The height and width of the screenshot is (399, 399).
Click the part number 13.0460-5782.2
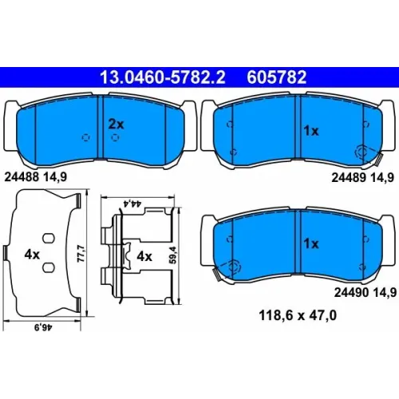coord(163,77)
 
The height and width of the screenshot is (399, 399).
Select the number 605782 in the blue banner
coord(277,77)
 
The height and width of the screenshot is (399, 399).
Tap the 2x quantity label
coord(117,124)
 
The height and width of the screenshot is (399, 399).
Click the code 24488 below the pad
coord(22,176)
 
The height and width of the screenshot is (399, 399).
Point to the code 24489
coord(349,177)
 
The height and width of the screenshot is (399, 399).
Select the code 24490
coord(351,292)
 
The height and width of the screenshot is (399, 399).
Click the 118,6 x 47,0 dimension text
coord(298,315)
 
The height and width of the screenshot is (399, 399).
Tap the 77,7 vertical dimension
coord(81,254)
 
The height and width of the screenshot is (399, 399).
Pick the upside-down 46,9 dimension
coord(43,327)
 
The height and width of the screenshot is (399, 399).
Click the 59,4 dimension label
coord(172,255)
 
